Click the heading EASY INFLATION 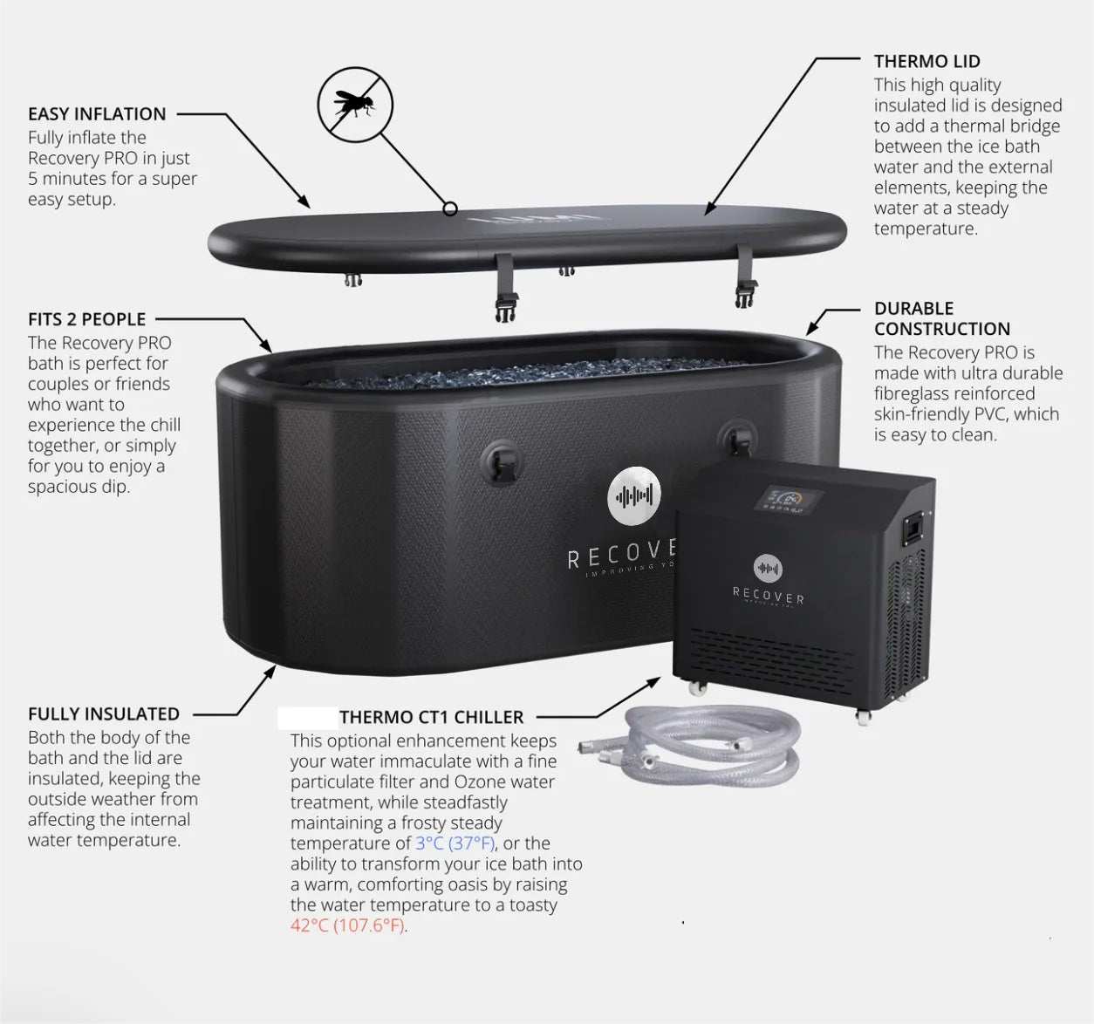(97, 114)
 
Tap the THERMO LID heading (926, 62)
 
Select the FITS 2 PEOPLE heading (86, 319)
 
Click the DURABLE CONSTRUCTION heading (941, 318)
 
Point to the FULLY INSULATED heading (104, 713)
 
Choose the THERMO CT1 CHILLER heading (431, 717)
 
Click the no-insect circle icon (354, 105)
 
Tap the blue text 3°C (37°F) (455, 843)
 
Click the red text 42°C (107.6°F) (348, 925)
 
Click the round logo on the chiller (768, 569)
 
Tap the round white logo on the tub (634, 496)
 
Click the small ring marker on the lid (450, 208)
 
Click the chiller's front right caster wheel (863, 717)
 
